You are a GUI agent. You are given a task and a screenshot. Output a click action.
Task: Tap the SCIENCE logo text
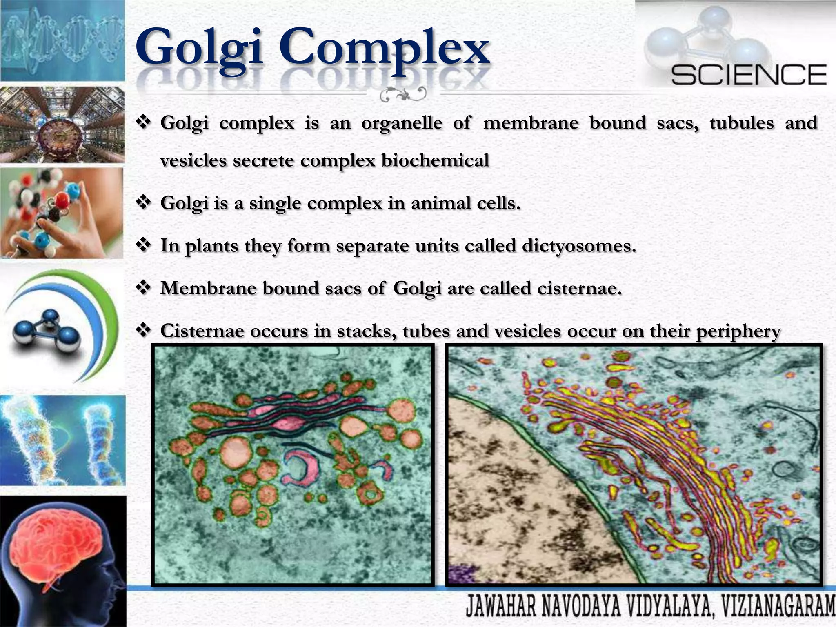tap(749, 75)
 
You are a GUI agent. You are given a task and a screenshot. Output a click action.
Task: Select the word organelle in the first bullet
tap(401, 123)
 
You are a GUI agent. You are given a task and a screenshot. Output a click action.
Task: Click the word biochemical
tap(435, 160)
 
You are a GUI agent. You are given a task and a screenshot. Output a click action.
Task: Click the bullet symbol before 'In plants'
tap(143, 245)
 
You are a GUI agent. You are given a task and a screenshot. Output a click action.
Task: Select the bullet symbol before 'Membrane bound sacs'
tap(143, 288)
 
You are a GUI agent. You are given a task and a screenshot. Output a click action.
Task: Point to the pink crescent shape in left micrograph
tap(302, 465)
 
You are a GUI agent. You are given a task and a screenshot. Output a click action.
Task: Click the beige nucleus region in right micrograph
tap(510, 490)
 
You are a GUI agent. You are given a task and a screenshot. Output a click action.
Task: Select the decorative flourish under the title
tap(403, 95)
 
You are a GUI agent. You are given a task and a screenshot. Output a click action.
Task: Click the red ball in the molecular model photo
tap(62, 200)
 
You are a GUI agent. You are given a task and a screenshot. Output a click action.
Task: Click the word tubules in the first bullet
tap(741, 123)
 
